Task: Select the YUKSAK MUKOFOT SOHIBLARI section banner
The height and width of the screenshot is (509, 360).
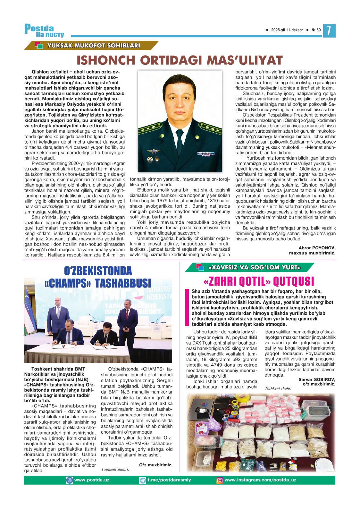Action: pos(93,46)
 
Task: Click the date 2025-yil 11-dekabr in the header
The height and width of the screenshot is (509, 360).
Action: pos(287,30)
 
